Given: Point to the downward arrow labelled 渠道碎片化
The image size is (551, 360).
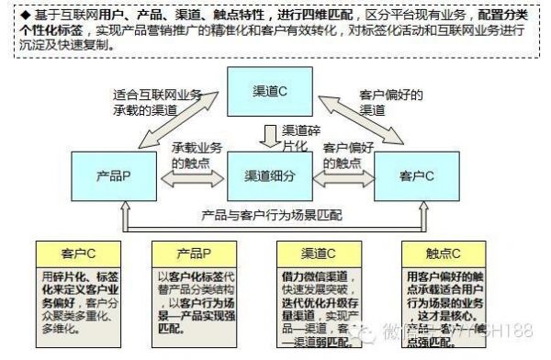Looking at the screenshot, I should coord(269,136).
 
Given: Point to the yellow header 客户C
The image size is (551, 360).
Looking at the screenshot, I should coord(73,253).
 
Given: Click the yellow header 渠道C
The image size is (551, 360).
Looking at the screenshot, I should coord(317,253).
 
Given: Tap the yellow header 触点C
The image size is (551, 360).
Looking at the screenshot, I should coord(440,253).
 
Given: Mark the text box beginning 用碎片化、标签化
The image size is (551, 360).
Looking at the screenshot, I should coord(73,298).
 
